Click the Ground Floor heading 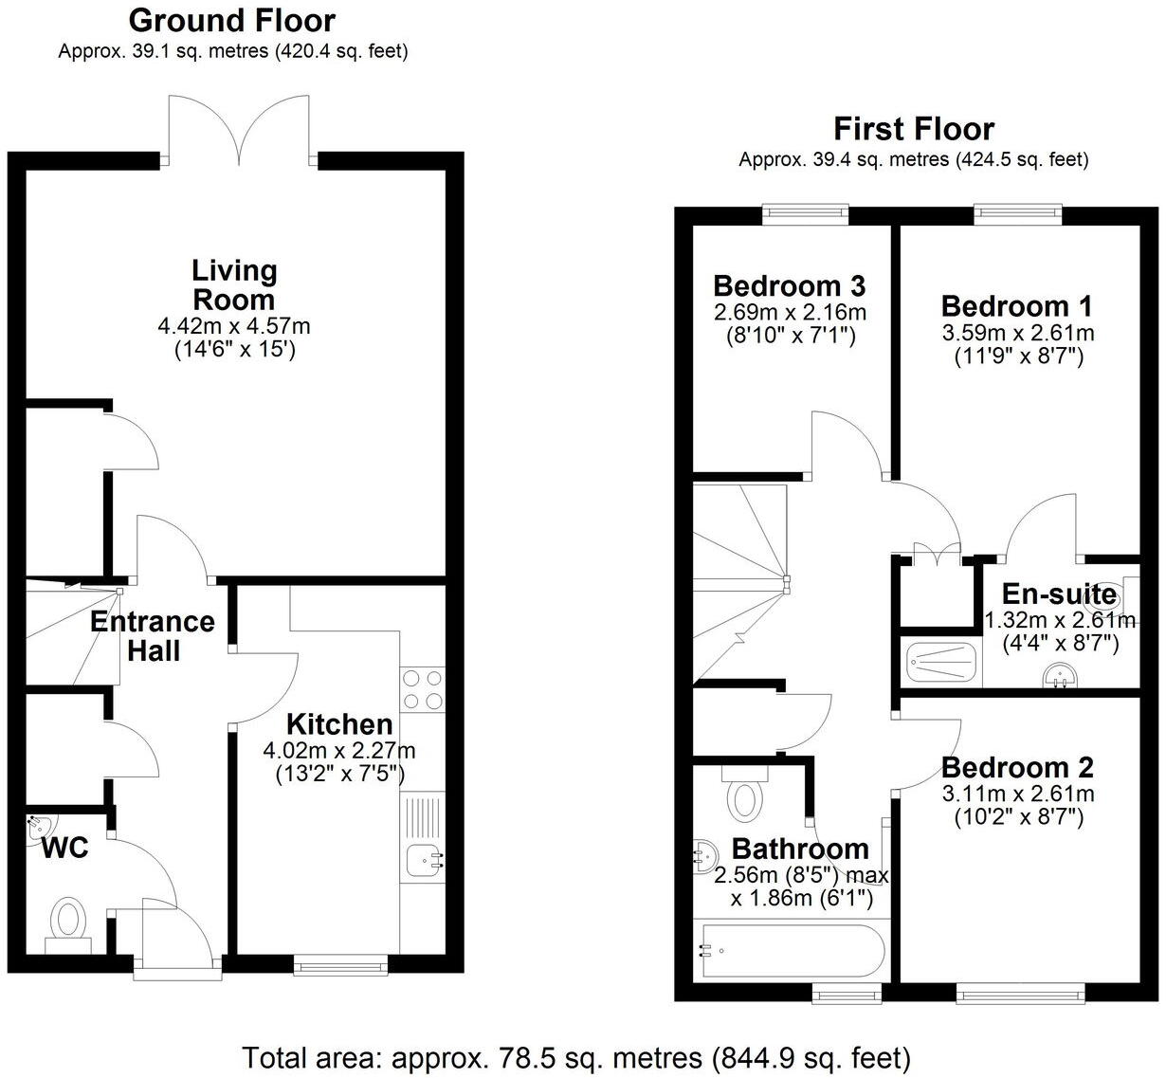tap(232, 20)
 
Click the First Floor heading tap(913, 128)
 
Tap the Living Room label tap(234, 284)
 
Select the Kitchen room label tap(339, 724)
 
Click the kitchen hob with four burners tap(422, 690)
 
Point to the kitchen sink tap(424, 860)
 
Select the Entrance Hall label tap(153, 636)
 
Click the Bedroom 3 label tap(789, 285)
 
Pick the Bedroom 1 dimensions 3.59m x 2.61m tap(1017, 333)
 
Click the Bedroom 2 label tap(1017, 767)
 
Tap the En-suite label tap(1059, 594)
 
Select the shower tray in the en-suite tap(940, 662)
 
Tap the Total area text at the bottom tap(576, 1056)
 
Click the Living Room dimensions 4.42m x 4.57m tap(234, 326)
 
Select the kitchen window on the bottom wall tap(340, 964)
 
